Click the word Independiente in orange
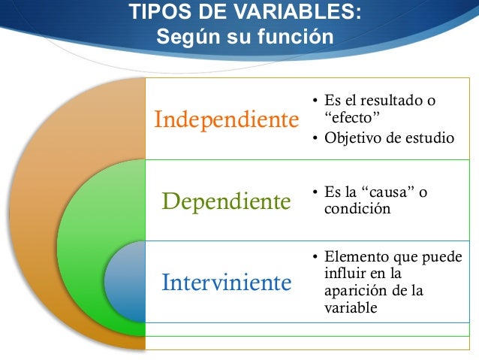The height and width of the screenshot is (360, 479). tap(221, 120)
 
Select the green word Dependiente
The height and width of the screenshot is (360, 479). tap(226, 201)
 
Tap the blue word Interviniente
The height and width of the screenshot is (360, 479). tap(226, 283)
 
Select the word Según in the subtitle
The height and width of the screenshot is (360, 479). tap(183, 36)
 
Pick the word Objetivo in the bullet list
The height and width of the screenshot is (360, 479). tap(351, 138)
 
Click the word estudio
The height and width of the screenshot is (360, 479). tap(430, 138)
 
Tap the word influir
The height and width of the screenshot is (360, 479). tap(345, 274)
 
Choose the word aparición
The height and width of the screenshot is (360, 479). tap(352, 291)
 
